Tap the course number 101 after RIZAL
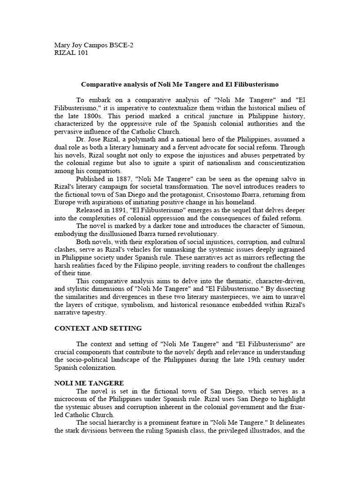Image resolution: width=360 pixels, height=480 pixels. [82, 52]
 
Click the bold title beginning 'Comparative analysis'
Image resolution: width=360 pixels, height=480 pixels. [180, 84]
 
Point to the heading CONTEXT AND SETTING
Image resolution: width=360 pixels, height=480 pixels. [98, 328]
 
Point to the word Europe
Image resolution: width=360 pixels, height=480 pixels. [65, 202]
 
